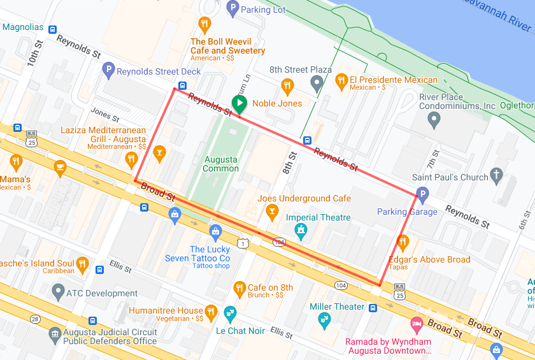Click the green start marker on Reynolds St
point(239,103)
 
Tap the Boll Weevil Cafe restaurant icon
point(204,25)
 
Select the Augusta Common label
point(220,164)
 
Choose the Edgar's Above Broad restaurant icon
point(403,242)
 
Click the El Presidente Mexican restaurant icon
point(340,82)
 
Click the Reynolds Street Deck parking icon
point(108,71)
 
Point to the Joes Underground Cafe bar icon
point(273,211)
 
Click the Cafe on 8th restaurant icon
point(239,288)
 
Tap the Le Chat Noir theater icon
point(230,313)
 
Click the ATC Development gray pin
point(58,293)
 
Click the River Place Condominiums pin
point(434,119)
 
